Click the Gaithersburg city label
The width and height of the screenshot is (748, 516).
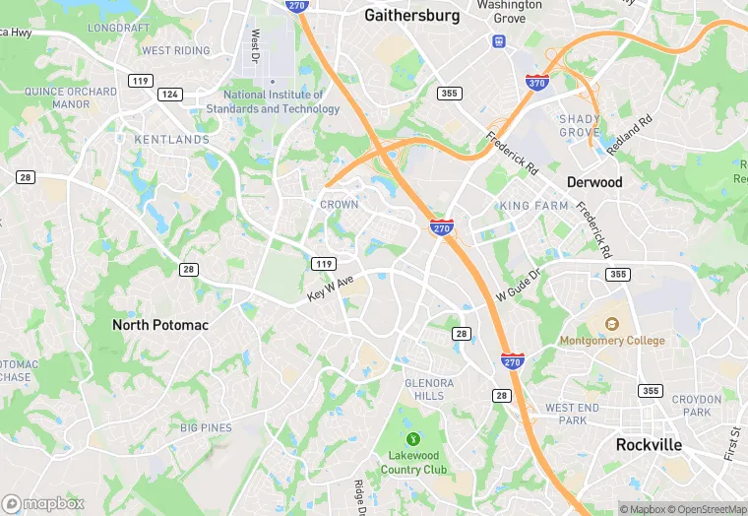[411, 16]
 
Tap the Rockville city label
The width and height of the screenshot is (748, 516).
[649, 444]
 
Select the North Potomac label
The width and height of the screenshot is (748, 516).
[160, 325]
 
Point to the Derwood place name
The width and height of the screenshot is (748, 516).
[594, 182]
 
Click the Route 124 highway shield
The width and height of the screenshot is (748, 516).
[170, 95]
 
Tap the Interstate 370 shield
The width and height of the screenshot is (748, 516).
[537, 84]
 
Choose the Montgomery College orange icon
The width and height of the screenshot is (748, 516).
[611, 324]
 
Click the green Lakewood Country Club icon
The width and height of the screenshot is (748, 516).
[413, 439]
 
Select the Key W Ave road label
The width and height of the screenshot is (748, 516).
[330, 289]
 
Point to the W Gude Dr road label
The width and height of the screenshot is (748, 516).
[519, 287]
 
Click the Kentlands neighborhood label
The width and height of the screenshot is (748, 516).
[171, 140]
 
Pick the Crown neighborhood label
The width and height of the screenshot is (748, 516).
[339, 205]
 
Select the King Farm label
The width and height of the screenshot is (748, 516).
[534, 206]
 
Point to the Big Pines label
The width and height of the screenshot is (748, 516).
[206, 427]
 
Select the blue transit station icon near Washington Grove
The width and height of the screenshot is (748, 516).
[499, 41]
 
